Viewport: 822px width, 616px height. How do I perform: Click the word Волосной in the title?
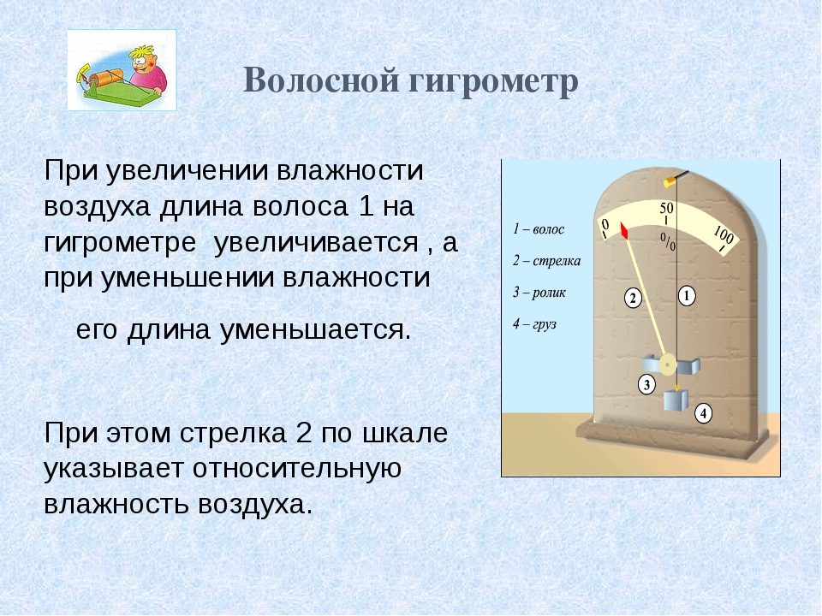click(x=322, y=80)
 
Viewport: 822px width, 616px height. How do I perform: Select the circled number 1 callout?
click(x=687, y=296)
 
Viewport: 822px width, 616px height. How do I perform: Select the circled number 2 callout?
click(x=633, y=299)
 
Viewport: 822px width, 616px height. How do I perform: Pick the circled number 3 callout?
click(x=646, y=384)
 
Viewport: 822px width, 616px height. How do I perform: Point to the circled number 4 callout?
click(x=704, y=414)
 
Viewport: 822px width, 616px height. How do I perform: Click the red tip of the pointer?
click(x=624, y=231)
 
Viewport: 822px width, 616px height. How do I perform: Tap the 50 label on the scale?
click(x=666, y=209)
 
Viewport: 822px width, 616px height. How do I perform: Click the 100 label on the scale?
click(x=724, y=236)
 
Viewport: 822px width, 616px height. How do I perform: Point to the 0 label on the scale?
click(x=605, y=225)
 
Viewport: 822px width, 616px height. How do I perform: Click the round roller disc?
click(x=667, y=364)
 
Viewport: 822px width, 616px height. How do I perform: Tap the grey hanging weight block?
click(x=673, y=400)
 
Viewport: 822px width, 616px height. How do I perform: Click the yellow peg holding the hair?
click(x=670, y=181)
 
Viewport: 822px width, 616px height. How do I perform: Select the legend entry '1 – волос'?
click(x=539, y=229)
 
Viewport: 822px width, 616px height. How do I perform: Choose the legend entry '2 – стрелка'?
click(x=547, y=261)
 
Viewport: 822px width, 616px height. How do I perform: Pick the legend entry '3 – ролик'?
click(x=539, y=293)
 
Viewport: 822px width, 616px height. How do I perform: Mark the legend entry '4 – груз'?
click(x=534, y=324)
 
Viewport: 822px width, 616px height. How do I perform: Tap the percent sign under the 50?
click(x=668, y=241)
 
